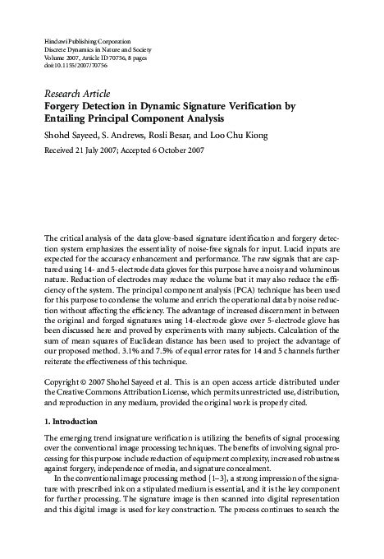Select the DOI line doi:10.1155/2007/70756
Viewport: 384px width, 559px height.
(x=73, y=67)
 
